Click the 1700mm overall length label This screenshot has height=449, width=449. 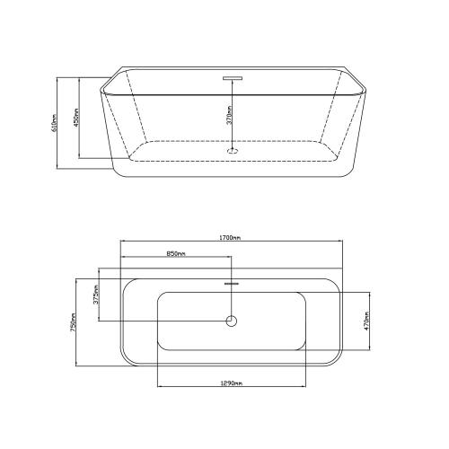(x=230, y=238)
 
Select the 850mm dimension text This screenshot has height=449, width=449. (x=176, y=254)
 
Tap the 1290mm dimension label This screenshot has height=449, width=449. (x=232, y=383)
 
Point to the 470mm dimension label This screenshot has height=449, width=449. (x=367, y=321)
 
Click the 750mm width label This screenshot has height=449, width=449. (x=73, y=322)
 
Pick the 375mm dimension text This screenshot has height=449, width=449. (x=96, y=295)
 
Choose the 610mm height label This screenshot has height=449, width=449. (x=54, y=123)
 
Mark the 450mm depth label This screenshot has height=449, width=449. (x=76, y=118)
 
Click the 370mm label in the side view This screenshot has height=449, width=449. (x=230, y=115)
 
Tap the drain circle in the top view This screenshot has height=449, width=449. (x=232, y=321)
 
